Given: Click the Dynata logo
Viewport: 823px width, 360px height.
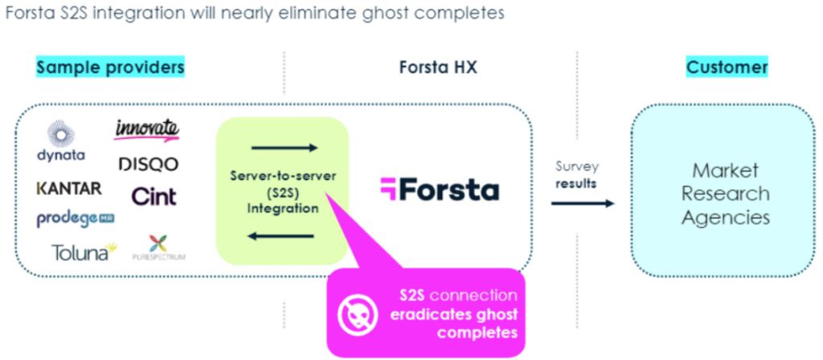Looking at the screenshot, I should (x=61, y=141).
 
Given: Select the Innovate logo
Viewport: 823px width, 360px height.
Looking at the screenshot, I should (x=146, y=129).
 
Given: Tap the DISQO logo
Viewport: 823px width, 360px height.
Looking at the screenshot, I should (x=148, y=164).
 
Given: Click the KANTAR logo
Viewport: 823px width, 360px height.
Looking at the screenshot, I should (x=69, y=188).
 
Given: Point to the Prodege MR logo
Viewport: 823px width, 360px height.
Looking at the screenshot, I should (x=74, y=219).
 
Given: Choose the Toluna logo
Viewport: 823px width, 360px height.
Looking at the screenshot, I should (x=84, y=252).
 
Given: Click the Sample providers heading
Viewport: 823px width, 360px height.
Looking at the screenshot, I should (x=110, y=67).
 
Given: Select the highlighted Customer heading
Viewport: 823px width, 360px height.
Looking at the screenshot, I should (x=727, y=67).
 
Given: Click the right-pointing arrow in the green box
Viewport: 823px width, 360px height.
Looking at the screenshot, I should (x=285, y=148).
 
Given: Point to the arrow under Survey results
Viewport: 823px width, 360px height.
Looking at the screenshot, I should (x=582, y=204).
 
